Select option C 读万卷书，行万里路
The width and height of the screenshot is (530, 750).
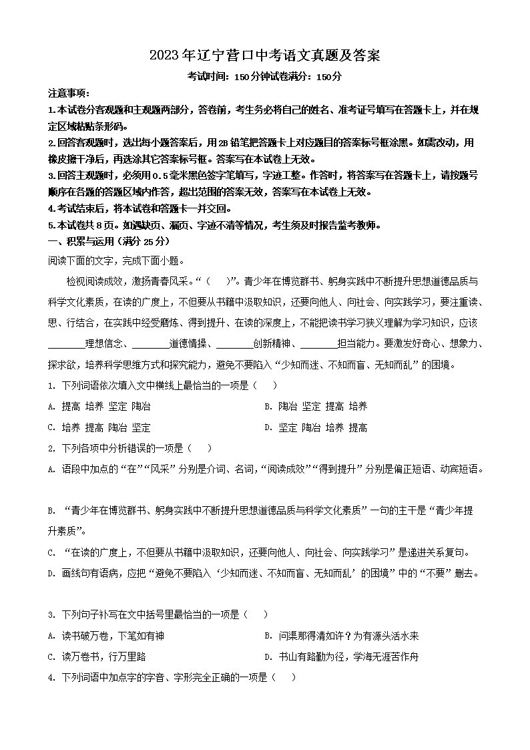point(97,657)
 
